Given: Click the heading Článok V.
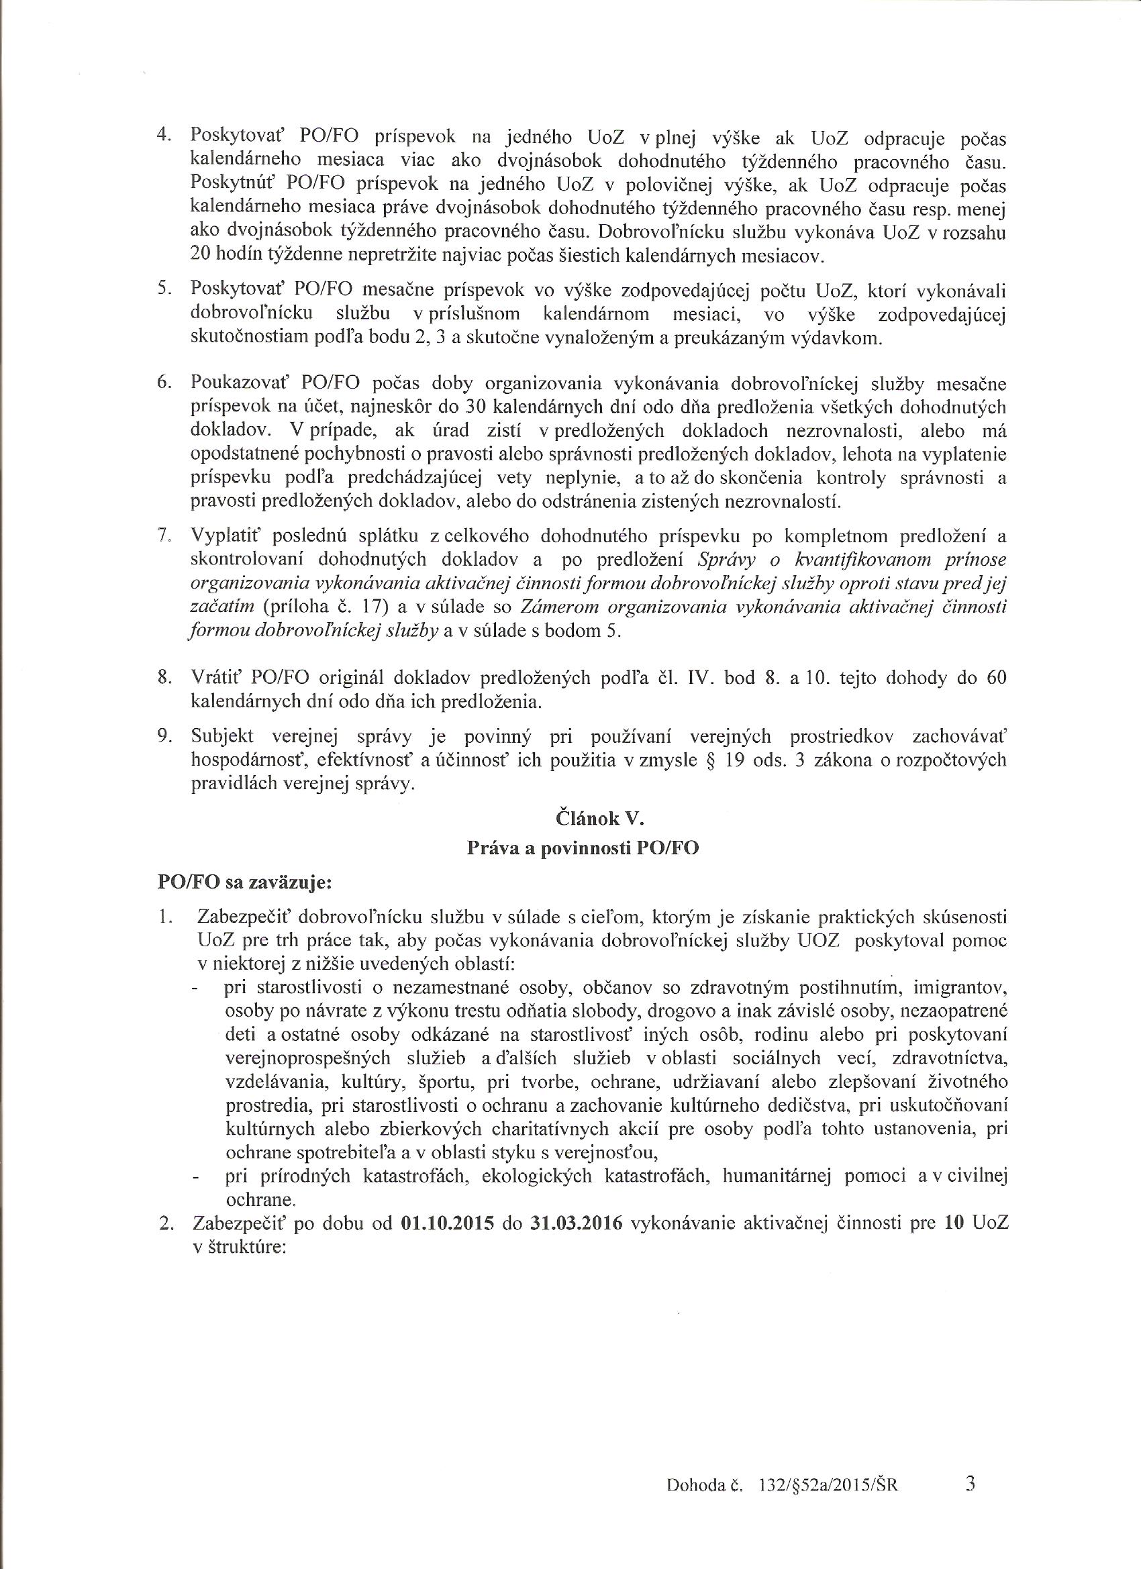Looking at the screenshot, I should click(599, 819).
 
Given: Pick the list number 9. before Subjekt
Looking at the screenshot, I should click(164, 738).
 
